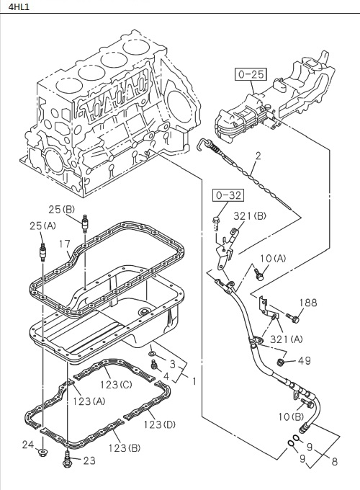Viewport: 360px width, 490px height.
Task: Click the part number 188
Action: (x=307, y=303)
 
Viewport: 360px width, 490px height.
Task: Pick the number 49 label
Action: (x=305, y=361)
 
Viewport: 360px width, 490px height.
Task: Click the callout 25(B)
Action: (x=61, y=210)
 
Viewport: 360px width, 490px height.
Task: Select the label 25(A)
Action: (x=42, y=226)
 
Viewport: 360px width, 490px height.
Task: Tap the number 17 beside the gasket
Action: (x=65, y=244)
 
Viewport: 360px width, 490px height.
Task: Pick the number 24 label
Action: (x=27, y=444)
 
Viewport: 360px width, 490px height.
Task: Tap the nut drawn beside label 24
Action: (x=45, y=453)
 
